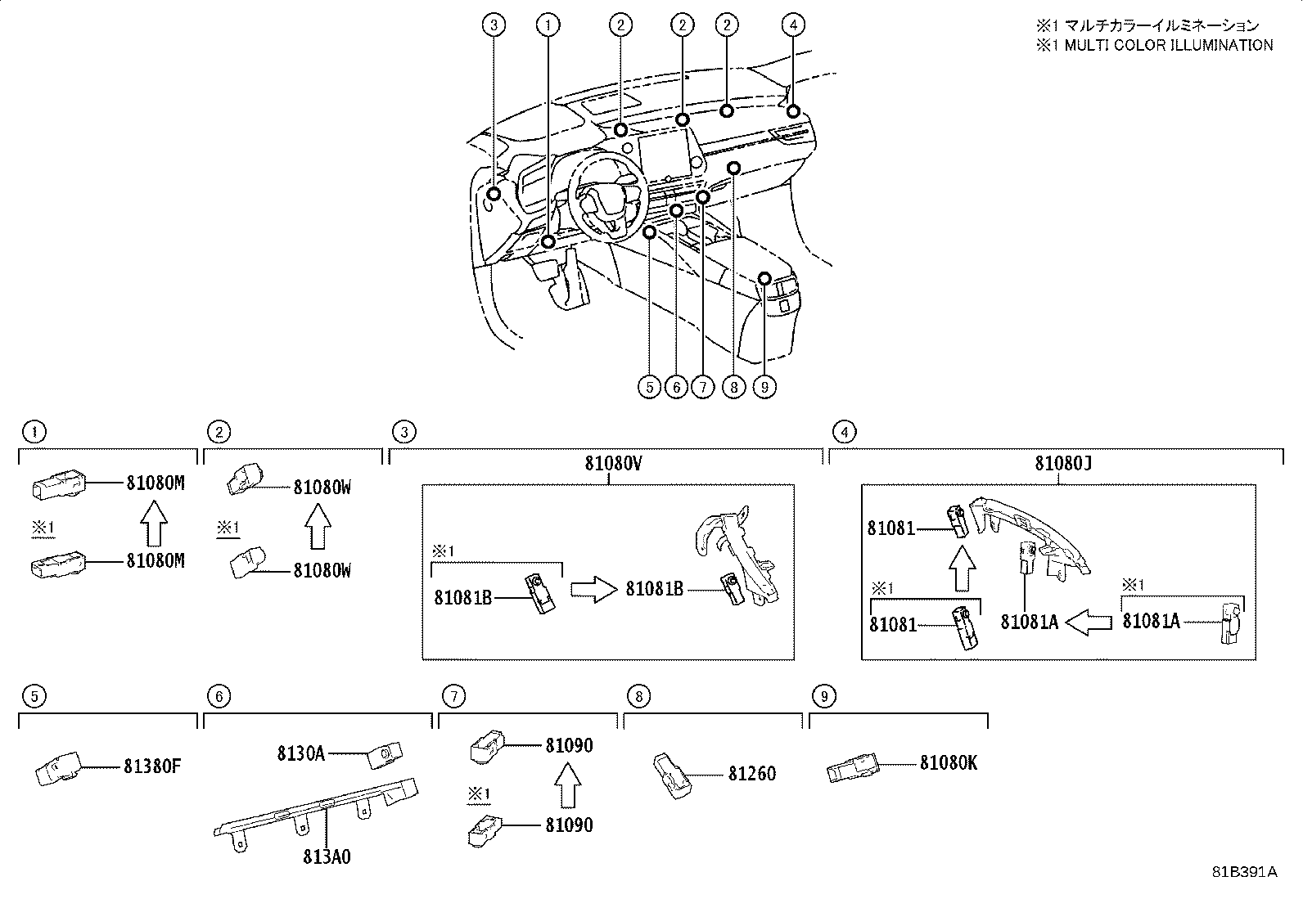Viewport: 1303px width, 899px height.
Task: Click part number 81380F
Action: point(152,766)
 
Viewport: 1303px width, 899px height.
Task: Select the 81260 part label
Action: point(751,773)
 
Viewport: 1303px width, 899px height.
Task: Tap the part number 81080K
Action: point(948,762)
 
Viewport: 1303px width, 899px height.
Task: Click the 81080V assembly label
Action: point(612,463)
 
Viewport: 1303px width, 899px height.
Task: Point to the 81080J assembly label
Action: point(1063,463)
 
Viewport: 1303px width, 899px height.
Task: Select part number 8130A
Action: point(300,753)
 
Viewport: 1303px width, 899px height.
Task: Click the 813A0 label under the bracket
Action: point(327,856)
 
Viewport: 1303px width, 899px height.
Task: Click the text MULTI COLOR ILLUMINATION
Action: point(1168,46)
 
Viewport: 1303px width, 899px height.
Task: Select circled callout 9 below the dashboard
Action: point(764,386)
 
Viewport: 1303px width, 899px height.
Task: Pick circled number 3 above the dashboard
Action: point(493,25)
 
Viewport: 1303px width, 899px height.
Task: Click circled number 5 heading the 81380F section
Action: point(33,696)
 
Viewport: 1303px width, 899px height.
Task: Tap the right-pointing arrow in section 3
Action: point(592,589)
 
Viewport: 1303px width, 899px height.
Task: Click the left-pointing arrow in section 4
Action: point(1089,623)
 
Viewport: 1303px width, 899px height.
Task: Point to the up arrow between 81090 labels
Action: point(566,785)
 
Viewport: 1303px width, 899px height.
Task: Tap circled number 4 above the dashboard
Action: point(791,25)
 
